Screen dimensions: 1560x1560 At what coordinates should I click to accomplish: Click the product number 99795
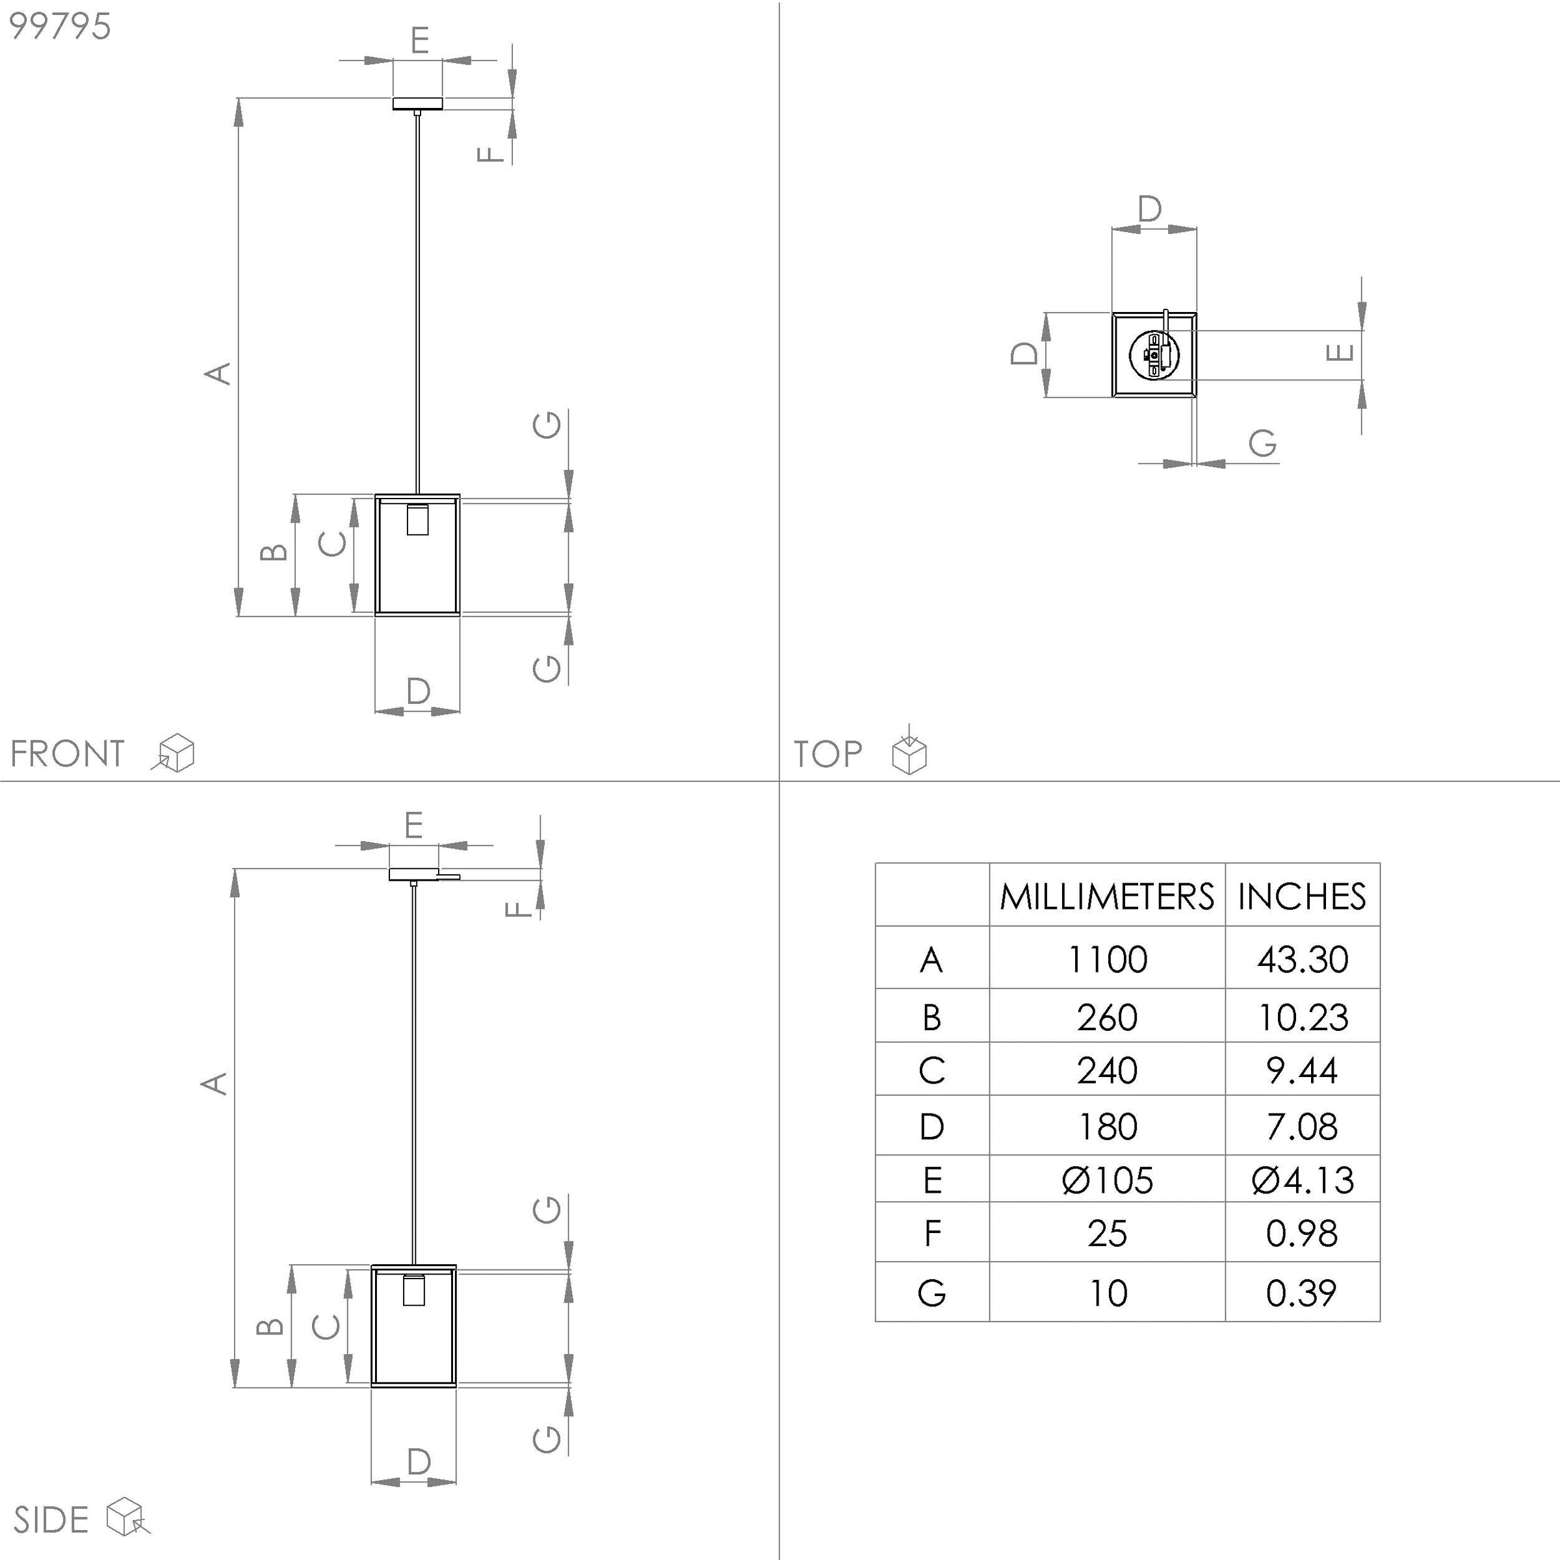click(x=60, y=27)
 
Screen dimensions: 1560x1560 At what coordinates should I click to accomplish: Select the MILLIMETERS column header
click(x=1106, y=897)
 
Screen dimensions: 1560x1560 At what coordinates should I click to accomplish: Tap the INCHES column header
click(x=1301, y=897)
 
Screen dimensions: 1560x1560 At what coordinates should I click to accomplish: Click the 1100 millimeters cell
click(x=1107, y=959)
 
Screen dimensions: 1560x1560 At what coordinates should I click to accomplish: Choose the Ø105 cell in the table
click(x=1107, y=1180)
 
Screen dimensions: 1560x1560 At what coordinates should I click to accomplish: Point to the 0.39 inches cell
click(x=1301, y=1293)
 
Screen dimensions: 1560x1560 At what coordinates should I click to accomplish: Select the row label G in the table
click(x=932, y=1293)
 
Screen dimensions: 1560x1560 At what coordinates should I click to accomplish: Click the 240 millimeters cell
click(x=1107, y=1071)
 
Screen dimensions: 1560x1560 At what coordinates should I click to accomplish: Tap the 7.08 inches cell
click(x=1301, y=1126)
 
